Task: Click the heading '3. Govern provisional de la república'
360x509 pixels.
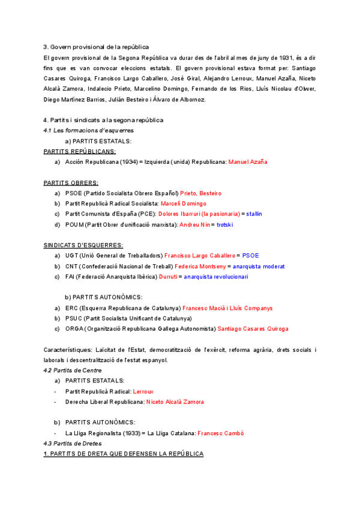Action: pyautogui.click(x=97, y=47)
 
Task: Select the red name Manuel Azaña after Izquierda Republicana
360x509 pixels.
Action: pyautogui.click(x=248, y=162)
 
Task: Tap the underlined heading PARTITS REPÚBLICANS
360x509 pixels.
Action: pyautogui.click(x=80, y=151)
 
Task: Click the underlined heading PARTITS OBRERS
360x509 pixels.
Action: pyautogui.click(x=71, y=182)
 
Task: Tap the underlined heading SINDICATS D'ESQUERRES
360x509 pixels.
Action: pyautogui.click(x=83, y=245)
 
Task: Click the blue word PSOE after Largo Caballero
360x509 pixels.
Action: pyautogui.click(x=250, y=256)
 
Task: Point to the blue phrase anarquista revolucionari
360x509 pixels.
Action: pyautogui.click(x=215, y=277)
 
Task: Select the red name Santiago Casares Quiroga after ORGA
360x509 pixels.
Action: pyautogui.click(x=253, y=329)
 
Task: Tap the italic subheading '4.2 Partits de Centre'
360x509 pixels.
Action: pyautogui.click(x=73, y=370)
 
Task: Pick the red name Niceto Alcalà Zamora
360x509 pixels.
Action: pyautogui.click(x=175, y=402)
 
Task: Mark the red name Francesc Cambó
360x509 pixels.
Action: pyautogui.click(x=220, y=433)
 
